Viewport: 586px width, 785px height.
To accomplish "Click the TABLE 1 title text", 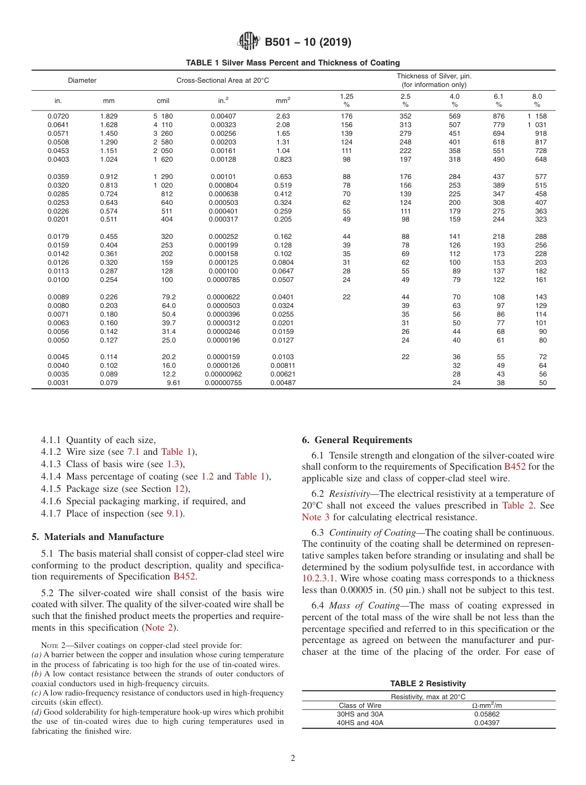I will click(x=293, y=63).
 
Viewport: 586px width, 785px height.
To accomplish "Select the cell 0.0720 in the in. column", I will click(x=58, y=116).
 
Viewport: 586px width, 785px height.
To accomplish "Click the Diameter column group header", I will click(x=82, y=80).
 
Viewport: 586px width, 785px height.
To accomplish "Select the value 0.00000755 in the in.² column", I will click(x=223, y=383).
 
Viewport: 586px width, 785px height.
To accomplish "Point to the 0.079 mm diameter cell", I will click(x=109, y=383).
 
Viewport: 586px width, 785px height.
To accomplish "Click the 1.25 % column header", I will click(x=346, y=100).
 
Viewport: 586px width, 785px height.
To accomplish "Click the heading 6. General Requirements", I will click(x=357, y=440).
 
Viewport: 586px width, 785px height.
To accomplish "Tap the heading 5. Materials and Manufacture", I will click(x=97, y=537).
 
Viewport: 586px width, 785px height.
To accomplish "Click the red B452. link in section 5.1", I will click(x=185, y=577).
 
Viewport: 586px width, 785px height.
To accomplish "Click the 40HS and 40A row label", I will click(x=361, y=723).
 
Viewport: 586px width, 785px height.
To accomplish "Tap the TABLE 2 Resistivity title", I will click(x=428, y=684).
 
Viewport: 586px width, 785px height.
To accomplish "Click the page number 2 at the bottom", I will click(x=293, y=758).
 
